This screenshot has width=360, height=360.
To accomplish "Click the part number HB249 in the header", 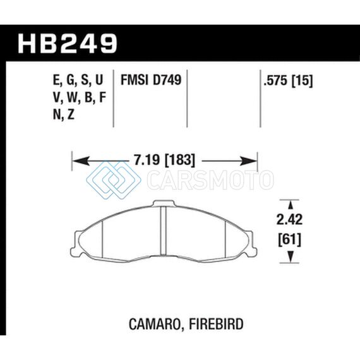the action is tap(68, 43).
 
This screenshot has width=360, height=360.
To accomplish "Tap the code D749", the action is tap(167, 80).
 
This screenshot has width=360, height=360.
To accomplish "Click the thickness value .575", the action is tap(276, 81).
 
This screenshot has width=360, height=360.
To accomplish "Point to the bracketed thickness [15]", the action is tap(302, 81).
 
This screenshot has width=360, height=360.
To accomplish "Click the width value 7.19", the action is tap(147, 160).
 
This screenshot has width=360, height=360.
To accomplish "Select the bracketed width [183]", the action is tap(180, 160).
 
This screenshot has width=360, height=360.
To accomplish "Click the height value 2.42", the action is tap(289, 220).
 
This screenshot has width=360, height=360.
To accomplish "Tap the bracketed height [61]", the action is tap(289, 240).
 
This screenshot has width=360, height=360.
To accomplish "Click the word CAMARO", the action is tap(155, 324).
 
